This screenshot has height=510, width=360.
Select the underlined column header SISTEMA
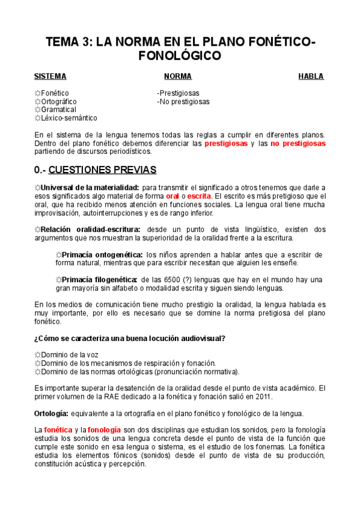(50, 76)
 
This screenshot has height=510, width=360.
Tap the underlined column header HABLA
(311, 76)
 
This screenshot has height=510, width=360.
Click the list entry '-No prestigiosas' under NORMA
(183, 102)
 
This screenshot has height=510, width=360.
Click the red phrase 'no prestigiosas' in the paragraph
(298, 144)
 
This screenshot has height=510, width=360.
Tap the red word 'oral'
(172, 196)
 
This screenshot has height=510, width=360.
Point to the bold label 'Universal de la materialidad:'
(90, 188)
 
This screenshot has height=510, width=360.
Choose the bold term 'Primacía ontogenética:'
(103, 254)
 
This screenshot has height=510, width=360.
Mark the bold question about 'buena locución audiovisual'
(130, 338)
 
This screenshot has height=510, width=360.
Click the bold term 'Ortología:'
(50, 413)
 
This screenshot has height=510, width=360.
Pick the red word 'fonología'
(104, 430)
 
